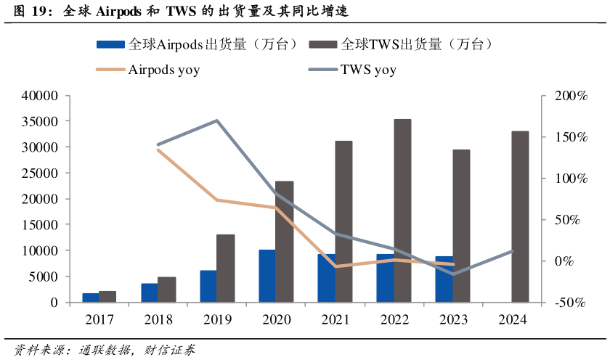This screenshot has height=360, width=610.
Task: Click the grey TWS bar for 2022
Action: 403,210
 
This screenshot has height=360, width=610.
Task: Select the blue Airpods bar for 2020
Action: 267,276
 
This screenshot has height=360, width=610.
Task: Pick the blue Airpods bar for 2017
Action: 91,298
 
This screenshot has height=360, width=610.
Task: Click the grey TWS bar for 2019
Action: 226,268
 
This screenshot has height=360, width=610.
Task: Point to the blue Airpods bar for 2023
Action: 444,279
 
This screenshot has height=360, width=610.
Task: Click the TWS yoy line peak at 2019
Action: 217,120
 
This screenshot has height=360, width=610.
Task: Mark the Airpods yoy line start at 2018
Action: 158,150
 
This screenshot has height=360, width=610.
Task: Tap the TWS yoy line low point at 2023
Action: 453,274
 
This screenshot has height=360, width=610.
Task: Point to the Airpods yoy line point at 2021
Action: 335,266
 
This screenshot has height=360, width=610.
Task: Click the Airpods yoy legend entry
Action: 163,70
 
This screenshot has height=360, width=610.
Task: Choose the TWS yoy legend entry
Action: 367,70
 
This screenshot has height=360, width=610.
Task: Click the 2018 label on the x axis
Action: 158,320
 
